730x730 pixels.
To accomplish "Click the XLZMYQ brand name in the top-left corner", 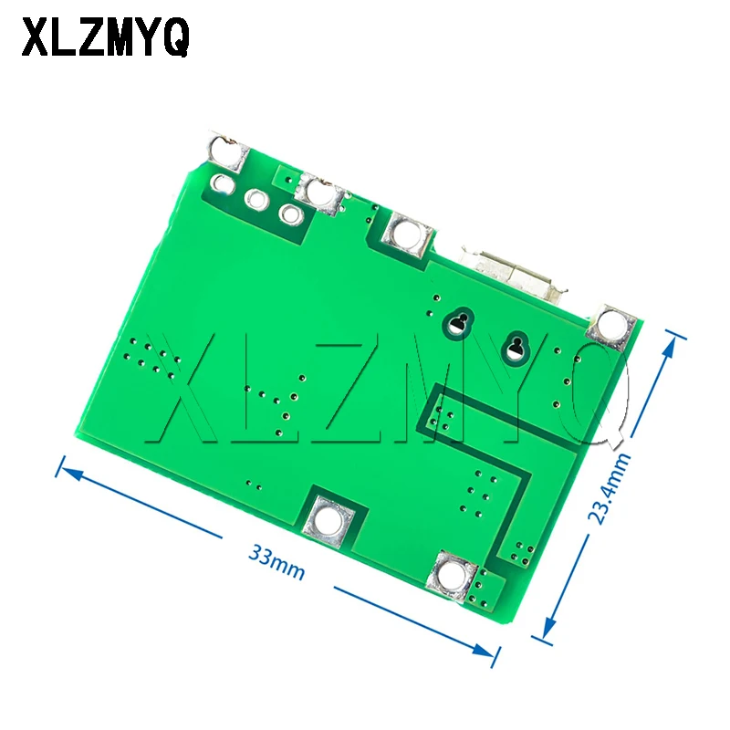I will [x=106, y=37].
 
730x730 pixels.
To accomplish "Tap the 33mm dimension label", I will [x=275, y=563].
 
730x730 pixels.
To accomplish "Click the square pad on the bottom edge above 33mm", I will [x=329, y=520].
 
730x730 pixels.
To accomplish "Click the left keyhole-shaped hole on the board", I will [x=459, y=322].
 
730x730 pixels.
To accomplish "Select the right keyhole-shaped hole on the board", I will [x=517, y=346].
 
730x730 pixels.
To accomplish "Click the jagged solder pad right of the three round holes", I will [x=322, y=193].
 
